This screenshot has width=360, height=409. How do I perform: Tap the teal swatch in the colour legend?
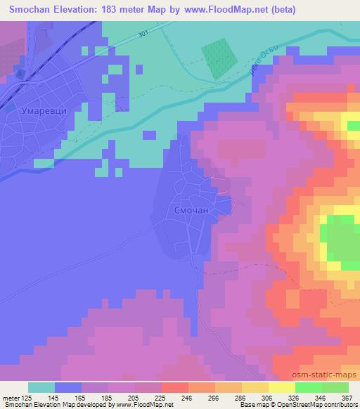click(x=41, y=387)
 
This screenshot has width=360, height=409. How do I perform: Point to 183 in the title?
click(x=114, y=10)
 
